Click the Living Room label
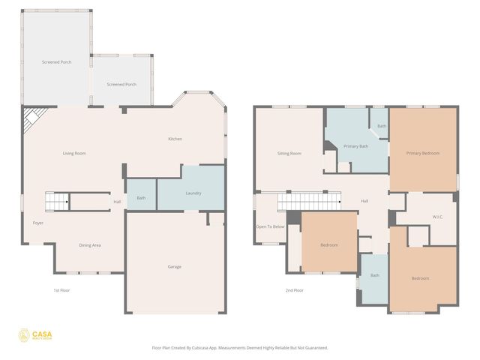(x=74, y=153)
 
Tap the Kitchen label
(x=175, y=139)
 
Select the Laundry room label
(x=193, y=193)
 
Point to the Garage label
(x=174, y=266)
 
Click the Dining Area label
(x=90, y=245)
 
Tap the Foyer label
(x=37, y=223)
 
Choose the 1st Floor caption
(x=61, y=289)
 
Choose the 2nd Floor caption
(x=294, y=289)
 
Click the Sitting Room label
(x=289, y=153)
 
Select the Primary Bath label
(x=355, y=146)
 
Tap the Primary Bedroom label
(x=423, y=153)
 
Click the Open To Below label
(x=270, y=226)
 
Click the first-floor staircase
(x=56, y=201)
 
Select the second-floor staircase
(x=307, y=201)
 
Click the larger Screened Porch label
(x=56, y=62)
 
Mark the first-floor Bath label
(x=140, y=198)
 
